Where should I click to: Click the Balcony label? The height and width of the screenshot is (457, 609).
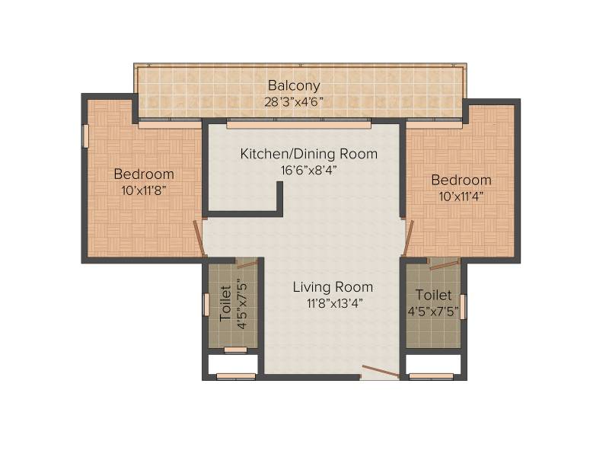(294, 85)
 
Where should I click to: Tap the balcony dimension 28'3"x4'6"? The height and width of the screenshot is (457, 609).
(294, 102)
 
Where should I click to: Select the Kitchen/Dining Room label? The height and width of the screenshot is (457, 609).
(309, 154)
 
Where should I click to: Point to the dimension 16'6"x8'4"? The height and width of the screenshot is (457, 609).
(309, 170)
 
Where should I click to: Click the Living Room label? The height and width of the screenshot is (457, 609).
(333, 287)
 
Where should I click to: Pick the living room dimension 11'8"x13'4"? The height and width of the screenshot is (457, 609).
(334, 303)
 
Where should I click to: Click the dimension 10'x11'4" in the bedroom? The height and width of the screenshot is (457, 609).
(461, 197)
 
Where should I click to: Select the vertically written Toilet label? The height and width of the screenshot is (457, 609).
(225, 303)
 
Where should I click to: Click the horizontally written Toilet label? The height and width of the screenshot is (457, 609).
(433, 295)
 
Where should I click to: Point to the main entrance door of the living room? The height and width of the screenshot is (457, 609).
(381, 372)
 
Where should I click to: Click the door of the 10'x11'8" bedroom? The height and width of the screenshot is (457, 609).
(199, 238)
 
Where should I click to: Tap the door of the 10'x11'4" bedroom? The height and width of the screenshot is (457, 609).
(408, 238)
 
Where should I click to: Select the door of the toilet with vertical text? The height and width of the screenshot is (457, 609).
(247, 264)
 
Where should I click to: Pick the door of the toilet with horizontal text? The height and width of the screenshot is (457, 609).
(443, 264)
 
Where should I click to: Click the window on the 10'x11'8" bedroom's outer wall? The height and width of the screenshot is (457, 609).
(85, 136)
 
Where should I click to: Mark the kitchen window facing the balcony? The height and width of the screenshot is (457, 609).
(298, 125)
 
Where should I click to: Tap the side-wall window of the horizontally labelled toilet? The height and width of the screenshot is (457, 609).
(463, 307)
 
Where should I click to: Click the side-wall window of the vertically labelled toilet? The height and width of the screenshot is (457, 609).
(206, 304)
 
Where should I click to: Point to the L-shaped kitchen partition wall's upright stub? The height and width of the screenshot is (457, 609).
(279, 197)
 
